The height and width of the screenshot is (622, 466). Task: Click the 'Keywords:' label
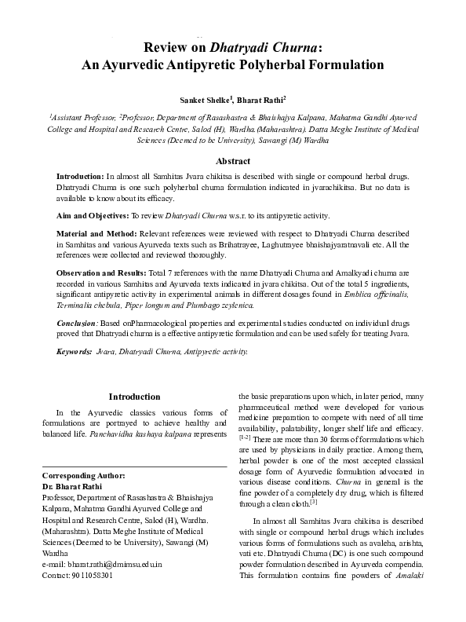coord(75,352)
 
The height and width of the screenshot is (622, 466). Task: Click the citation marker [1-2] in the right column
coord(246,436)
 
